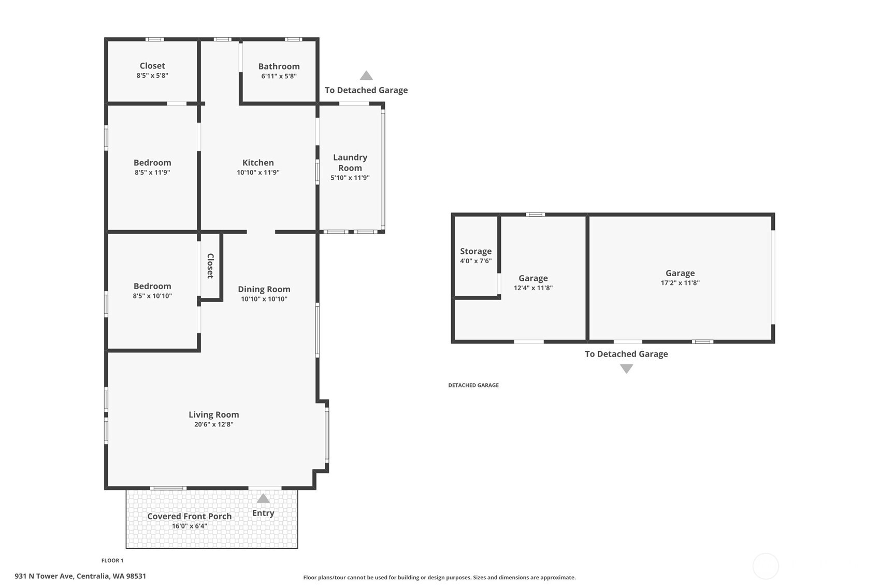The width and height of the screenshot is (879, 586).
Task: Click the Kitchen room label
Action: click(258, 163)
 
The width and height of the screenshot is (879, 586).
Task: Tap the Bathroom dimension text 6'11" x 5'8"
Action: click(279, 76)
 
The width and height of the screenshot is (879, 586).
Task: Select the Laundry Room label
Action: click(350, 163)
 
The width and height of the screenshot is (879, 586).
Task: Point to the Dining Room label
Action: click(264, 289)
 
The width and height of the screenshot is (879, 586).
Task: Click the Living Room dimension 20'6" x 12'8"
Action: click(213, 424)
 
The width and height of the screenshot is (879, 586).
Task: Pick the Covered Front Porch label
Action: click(189, 516)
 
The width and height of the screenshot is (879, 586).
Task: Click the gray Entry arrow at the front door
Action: click(263, 498)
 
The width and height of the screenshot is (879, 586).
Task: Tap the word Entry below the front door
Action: click(263, 513)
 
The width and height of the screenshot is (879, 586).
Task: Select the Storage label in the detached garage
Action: click(475, 251)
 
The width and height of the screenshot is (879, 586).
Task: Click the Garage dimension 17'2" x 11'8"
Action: click(680, 283)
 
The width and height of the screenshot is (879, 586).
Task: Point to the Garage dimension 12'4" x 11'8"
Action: click(533, 288)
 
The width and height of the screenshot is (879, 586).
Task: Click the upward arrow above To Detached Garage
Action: click(366, 75)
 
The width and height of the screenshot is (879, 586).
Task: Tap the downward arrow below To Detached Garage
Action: click(626, 369)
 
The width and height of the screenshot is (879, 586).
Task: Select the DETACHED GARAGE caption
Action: click(473, 385)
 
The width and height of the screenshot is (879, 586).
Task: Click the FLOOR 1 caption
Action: click(112, 561)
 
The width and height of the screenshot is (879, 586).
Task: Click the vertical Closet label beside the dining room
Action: click(210, 266)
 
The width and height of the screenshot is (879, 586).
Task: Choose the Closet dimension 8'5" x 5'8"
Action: click(152, 75)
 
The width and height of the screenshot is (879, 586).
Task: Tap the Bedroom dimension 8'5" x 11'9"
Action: click(152, 173)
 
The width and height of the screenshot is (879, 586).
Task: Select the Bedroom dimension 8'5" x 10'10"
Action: click(152, 296)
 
